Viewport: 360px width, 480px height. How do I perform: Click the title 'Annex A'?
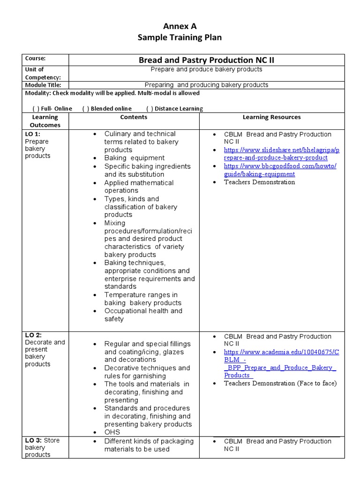180,27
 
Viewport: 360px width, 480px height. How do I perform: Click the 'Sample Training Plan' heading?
180,37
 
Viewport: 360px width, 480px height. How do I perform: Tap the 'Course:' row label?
35,59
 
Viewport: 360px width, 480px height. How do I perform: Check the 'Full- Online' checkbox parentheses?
35,108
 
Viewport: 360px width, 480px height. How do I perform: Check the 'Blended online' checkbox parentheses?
86,108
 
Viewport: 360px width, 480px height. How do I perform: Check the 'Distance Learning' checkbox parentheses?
150,108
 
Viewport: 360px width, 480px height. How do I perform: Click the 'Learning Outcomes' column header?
45,121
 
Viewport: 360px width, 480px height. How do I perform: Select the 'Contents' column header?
134,117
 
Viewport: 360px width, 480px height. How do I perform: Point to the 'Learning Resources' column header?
271,117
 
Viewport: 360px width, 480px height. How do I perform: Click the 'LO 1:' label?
33,134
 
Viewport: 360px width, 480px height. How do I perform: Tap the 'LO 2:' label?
33,335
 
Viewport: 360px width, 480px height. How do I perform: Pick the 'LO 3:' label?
34,440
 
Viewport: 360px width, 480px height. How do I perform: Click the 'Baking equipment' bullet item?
134,158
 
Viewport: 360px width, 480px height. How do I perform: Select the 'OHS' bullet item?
112,432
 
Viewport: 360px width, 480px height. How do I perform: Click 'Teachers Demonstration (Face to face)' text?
280,383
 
